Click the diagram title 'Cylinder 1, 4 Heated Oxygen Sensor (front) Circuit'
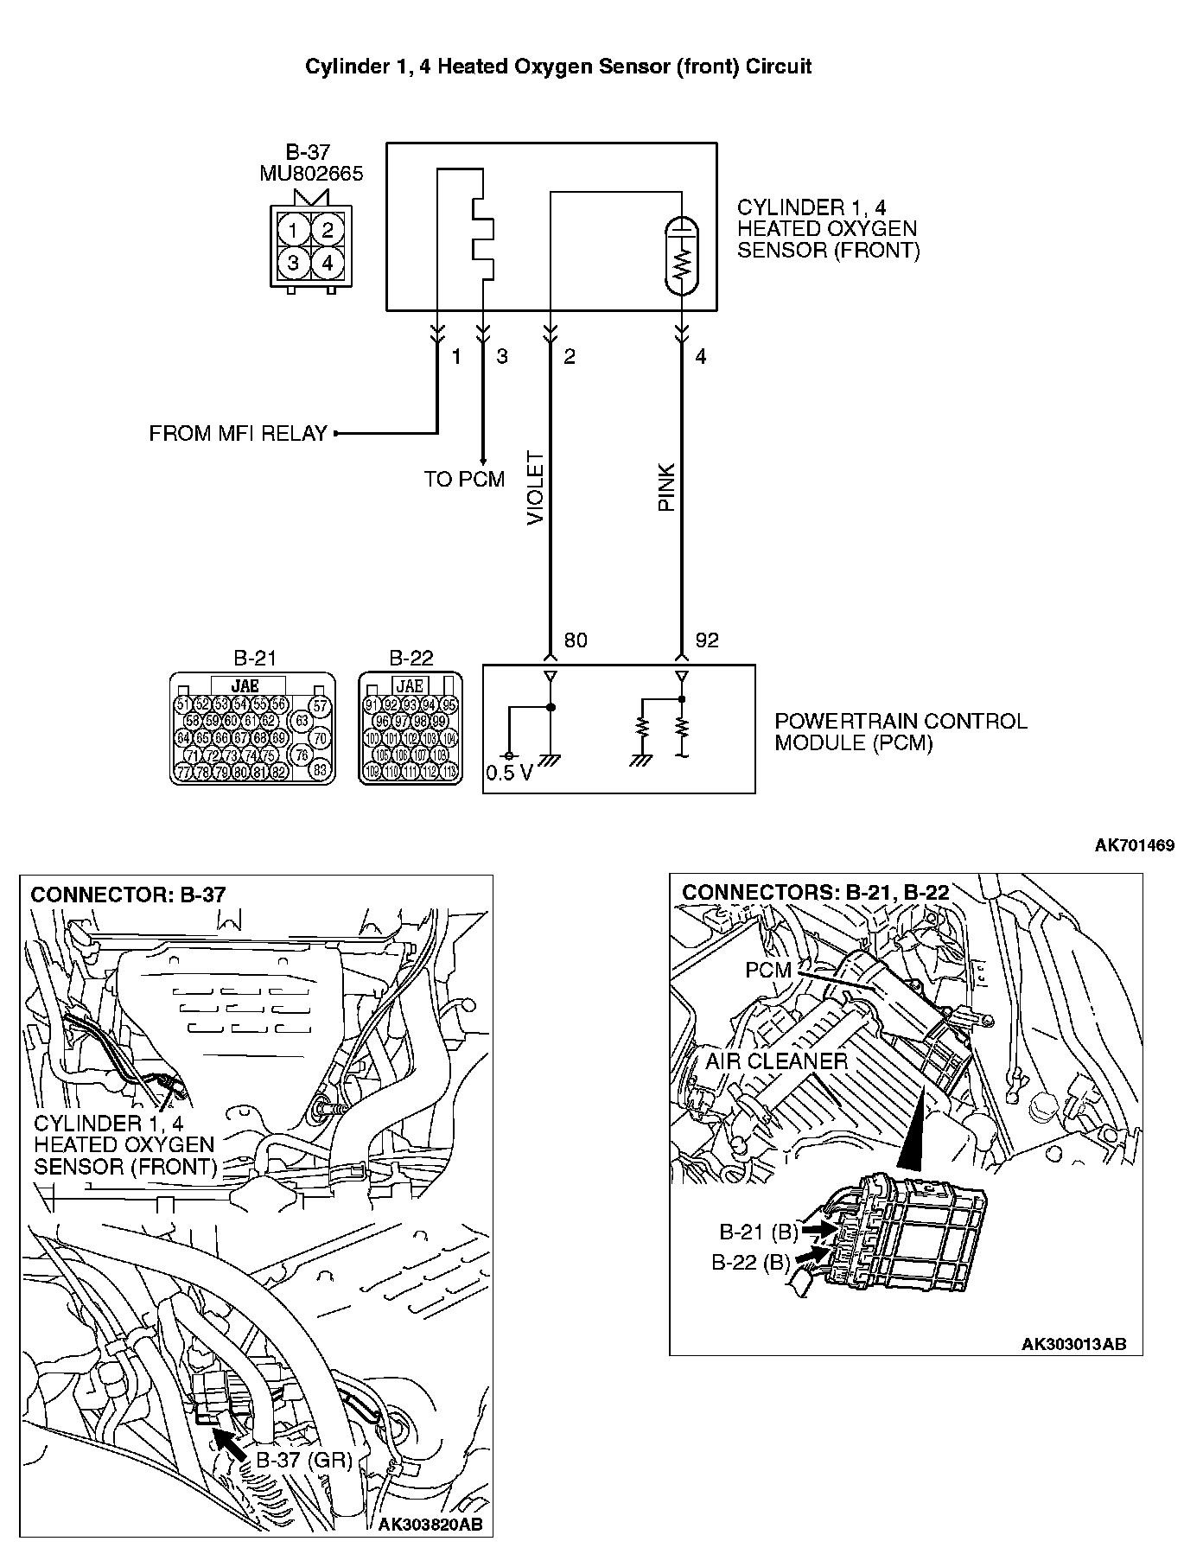tap(558, 67)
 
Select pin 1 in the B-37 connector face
tap(294, 230)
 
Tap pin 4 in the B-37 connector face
tap(327, 262)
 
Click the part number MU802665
tap(311, 174)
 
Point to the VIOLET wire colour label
tap(535, 488)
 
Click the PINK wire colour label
tap(666, 488)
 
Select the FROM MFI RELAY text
tap(238, 433)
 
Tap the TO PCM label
tap(464, 479)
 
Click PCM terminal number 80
tap(576, 640)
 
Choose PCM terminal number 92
tap(707, 640)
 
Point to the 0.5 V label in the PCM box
tap(509, 773)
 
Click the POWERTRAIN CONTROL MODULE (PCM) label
tap(900, 732)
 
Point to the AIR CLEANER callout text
tap(776, 1060)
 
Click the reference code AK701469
tap(1134, 845)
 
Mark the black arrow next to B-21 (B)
tap(817, 1227)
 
